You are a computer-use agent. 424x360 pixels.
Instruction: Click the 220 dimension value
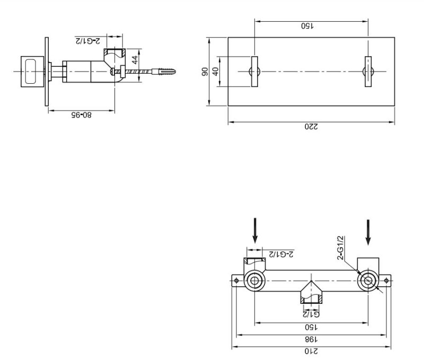click(311, 127)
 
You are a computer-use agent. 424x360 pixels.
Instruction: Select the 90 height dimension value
click(206, 71)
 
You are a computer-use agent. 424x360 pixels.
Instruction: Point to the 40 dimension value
click(216, 71)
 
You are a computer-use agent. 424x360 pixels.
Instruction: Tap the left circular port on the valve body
click(255, 281)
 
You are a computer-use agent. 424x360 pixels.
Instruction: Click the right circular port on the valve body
click(367, 281)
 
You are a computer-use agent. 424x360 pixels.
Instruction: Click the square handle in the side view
click(32, 71)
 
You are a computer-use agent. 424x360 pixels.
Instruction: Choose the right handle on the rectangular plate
click(367, 71)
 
